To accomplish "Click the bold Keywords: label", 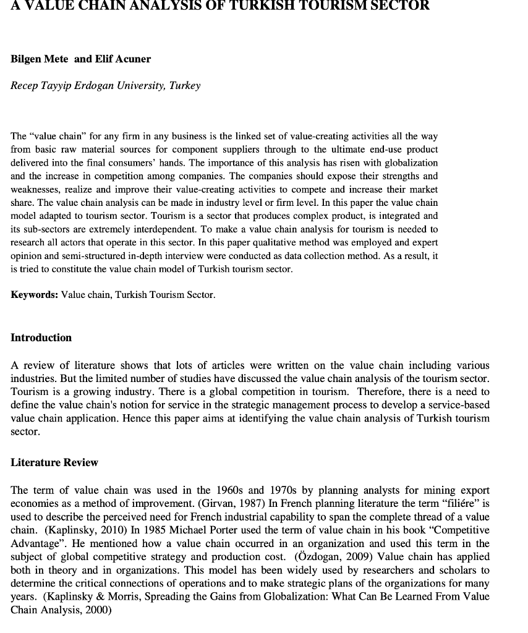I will (x=35, y=295).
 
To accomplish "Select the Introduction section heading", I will (x=41, y=338).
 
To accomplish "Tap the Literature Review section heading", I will (x=54, y=462).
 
